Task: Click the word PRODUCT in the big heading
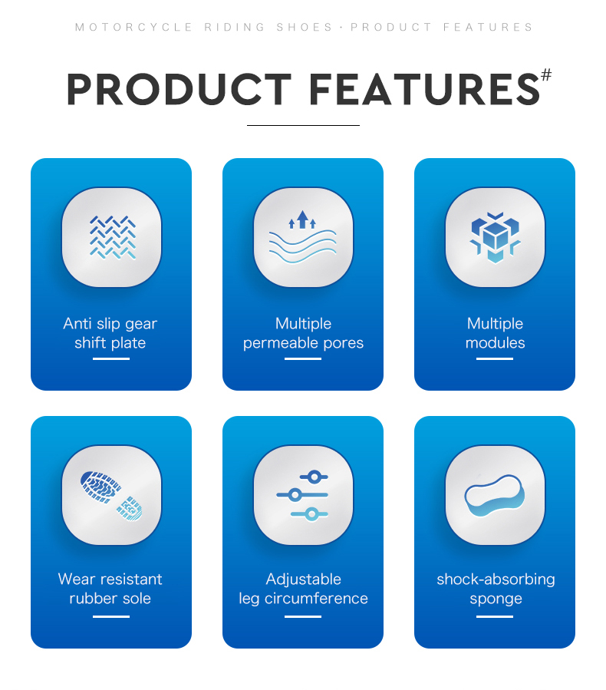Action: point(179,89)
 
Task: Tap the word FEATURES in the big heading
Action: point(424,89)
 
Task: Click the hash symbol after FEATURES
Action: point(545,74)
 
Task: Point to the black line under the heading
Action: point(303,125)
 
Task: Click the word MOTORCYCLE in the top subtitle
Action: point(133,28)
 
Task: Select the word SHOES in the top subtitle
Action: point(305,28)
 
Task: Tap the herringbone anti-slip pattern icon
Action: point(113,237)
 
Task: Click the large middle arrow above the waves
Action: point(302,220)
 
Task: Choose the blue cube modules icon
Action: point(495,238)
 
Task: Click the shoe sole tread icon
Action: point(111,496)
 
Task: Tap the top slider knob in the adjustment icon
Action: point(314,477)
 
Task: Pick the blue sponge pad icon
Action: point(495,496)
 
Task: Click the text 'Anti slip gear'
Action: point(110,324)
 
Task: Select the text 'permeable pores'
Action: point(303,343)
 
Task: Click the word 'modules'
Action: point(496,343)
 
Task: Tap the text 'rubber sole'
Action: point(110,599)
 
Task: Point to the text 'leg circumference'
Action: point(303,599)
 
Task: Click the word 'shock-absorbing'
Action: point(496,579)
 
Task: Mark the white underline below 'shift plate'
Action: point(110,358)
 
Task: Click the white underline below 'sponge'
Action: point(495,616)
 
